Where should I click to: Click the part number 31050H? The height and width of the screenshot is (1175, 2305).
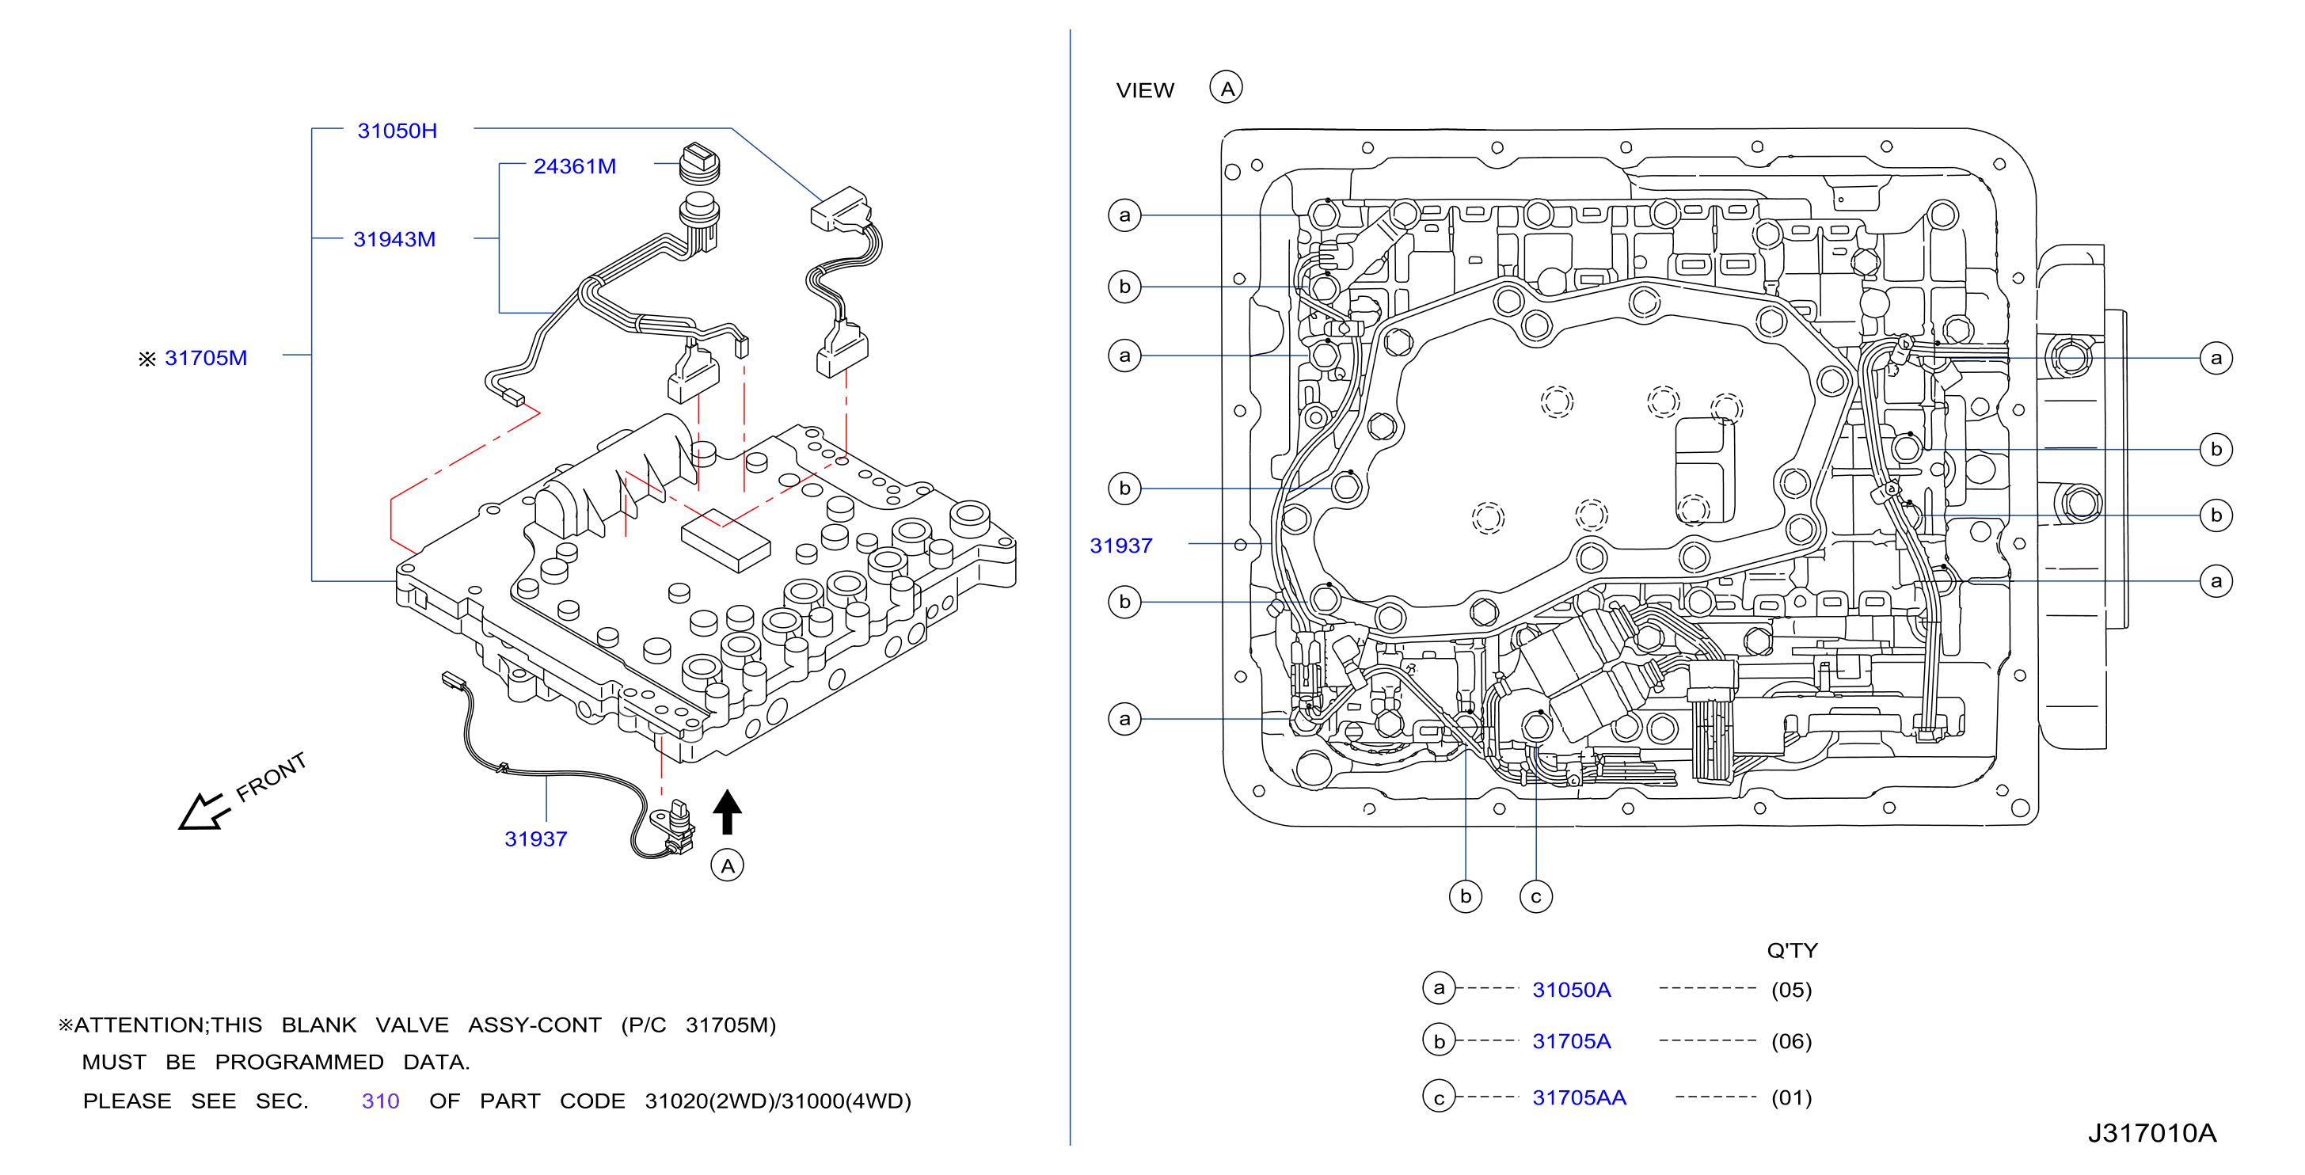[x=397, y=131]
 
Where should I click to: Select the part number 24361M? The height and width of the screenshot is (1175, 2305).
[x=574, y=166]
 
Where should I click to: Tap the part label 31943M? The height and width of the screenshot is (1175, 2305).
[x=394, y=240]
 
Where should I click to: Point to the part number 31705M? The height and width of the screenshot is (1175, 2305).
[x=206, y=358]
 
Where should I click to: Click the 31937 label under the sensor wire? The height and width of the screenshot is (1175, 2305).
[x=536, y=839]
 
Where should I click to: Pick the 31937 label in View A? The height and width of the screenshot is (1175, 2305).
[x=1121, y=546]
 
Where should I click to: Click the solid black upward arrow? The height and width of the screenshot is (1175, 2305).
[x=728, y=812]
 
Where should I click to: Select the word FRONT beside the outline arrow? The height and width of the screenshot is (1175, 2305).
[x=271, y=776]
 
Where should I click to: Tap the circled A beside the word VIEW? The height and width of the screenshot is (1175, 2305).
[x=1226, y=88]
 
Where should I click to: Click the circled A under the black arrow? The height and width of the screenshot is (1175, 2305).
[x=728, y=865]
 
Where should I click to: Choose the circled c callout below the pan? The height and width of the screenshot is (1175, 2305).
[x=1536, y=896]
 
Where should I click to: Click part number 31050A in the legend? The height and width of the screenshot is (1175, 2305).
[x=1571, y=990]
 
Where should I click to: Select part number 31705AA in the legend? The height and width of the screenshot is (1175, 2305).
[x=1580, y=1098]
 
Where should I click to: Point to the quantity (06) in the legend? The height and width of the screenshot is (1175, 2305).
[x=1791, y=1042]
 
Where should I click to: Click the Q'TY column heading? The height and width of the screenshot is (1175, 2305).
[x=1792, y=950]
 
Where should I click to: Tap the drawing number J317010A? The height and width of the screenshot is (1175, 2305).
[x=2152, y=1134]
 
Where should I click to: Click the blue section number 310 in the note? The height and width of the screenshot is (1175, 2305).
[x=380, y=1101]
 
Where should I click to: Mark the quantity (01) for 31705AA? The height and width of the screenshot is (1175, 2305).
[x=1791, y=1098]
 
